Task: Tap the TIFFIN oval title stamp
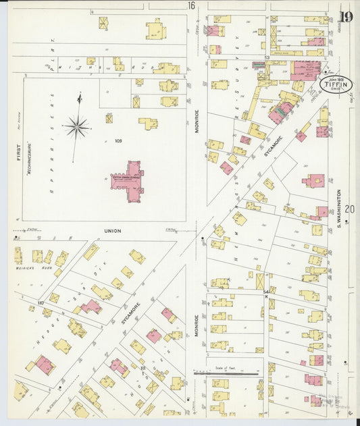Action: point(335,85)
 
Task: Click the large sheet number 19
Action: point(346,18)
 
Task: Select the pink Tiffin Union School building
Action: point(128,181)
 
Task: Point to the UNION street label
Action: point(113,231)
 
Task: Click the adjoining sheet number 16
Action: point(191,5)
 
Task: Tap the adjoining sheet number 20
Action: point(349,209)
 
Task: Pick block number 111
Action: point(143,369)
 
